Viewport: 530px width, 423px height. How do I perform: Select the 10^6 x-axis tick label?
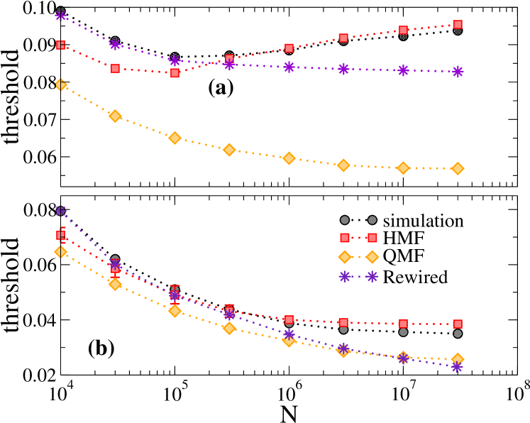point(288,392)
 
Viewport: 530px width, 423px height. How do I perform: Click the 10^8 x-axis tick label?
point(516,392)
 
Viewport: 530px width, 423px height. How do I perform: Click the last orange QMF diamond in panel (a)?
point(458,168)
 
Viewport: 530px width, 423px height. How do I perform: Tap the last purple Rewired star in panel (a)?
point(458,72)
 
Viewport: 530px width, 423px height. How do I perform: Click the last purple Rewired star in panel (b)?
point(458,367)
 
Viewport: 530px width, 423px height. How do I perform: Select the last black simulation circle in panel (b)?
point(458,334)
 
